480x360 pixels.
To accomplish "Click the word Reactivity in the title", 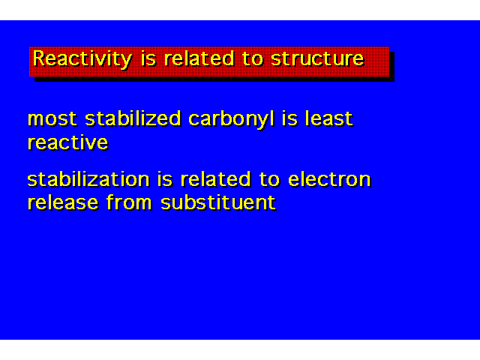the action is coord(82,59).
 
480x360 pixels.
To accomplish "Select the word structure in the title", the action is coord(317,58).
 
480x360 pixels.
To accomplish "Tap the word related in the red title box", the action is coord(199,58).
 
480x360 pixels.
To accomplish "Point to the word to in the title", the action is coord(253,58).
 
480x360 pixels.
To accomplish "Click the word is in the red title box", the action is coord(148,58).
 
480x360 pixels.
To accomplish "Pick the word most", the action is coord(52,118).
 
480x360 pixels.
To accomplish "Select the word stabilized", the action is coord(133,118).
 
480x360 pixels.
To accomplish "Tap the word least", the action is coord(328,118).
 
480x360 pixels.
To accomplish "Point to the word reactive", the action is coord(68,142).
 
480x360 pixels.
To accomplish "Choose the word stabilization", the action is coord(88,178).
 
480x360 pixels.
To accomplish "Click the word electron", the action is coord(329,179).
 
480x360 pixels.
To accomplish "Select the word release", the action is coord(63,202).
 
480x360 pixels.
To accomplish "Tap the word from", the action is coord(129,202).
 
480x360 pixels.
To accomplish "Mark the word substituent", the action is coord(218,202).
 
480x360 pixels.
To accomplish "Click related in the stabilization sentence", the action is coord(215,178).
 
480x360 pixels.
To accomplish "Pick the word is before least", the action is coord(289,118).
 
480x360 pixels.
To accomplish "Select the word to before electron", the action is coord(269,179).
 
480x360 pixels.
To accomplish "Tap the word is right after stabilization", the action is coord(165,178).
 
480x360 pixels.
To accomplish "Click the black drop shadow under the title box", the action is coord(214,79).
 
